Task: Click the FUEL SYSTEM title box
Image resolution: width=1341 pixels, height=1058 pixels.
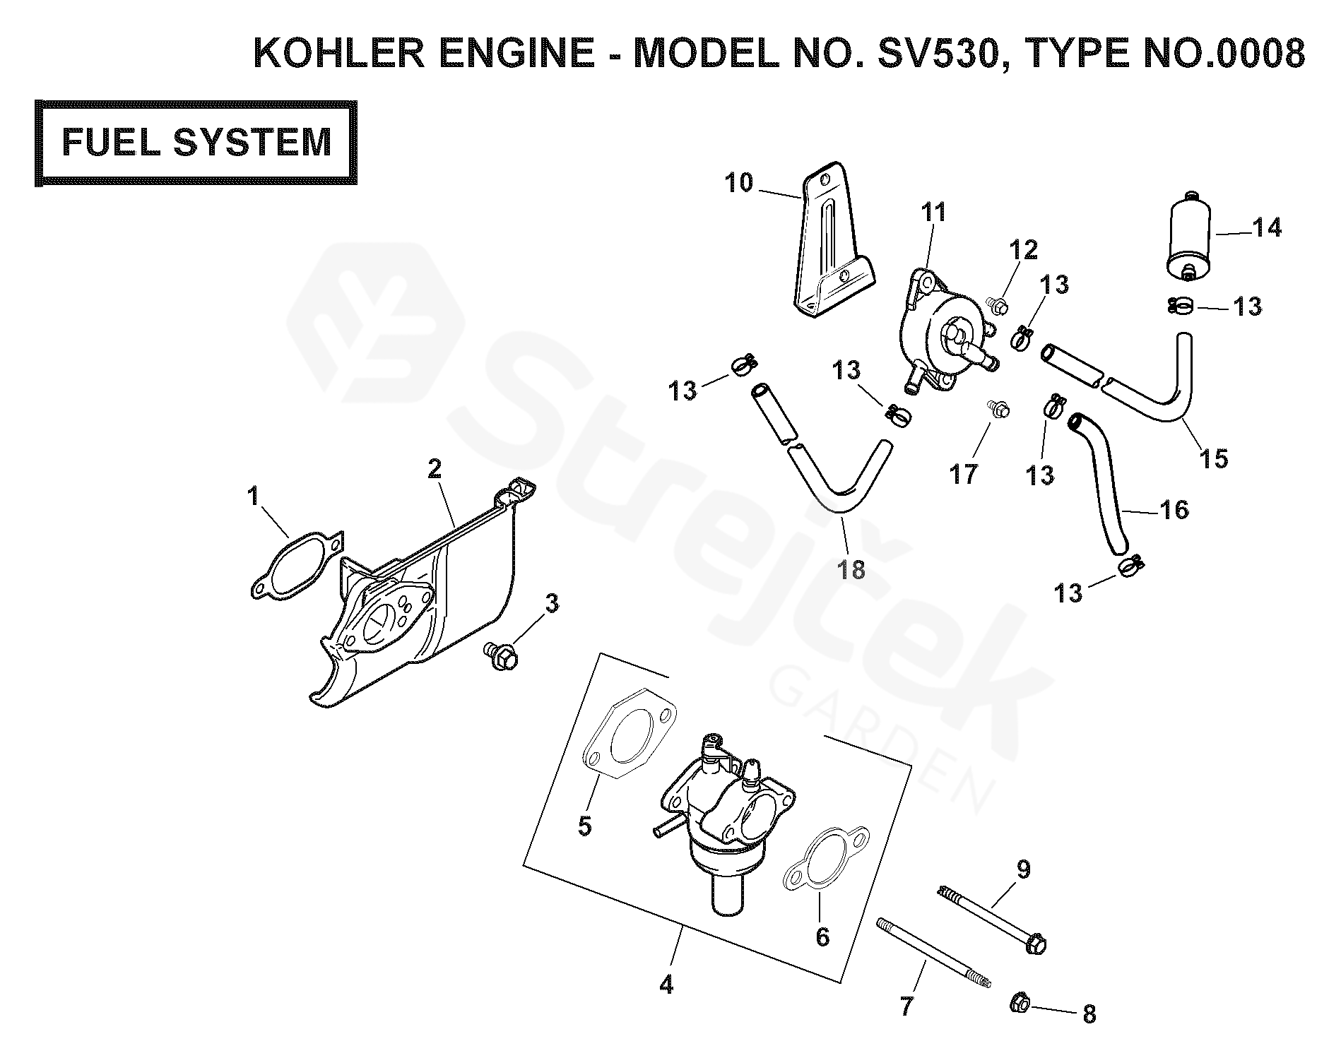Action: (196, 143)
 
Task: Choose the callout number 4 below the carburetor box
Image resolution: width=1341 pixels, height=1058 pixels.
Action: (666, 984)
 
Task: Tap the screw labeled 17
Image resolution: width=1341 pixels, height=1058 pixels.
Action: (998, 409)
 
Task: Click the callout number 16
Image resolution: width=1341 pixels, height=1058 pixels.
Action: (1174, 509)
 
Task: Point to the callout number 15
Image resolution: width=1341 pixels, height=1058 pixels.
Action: (1212, 458)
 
